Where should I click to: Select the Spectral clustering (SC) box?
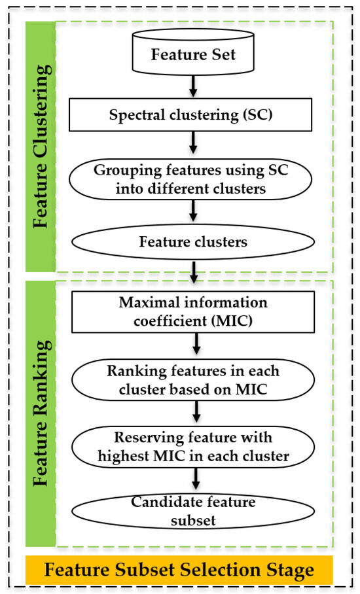coord(190,114)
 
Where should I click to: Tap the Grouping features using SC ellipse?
coord(190,179)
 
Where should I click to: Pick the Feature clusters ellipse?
coord(193,241)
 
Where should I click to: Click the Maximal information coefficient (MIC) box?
coord(193,312)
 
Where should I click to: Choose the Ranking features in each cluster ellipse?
coord(193,380)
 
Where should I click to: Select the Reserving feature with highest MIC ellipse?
coord(193,447)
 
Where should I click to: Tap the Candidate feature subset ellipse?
coord(193,511)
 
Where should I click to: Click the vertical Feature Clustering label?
coord(42,147)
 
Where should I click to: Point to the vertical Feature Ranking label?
coord(42,413)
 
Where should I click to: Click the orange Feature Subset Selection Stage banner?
coord(179,570)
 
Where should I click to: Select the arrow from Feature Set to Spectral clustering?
coord(193,86)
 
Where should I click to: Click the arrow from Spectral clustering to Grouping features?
coord(193,143)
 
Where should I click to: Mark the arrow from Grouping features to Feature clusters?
coord(193,211)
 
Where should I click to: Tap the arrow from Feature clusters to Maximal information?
coord(194,272)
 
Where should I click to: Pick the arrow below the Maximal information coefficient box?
coord(196,344)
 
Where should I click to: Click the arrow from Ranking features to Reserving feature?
coord(196,411)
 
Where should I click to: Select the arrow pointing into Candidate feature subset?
coord(196,479)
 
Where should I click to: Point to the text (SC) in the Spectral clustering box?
coord(256,114)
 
